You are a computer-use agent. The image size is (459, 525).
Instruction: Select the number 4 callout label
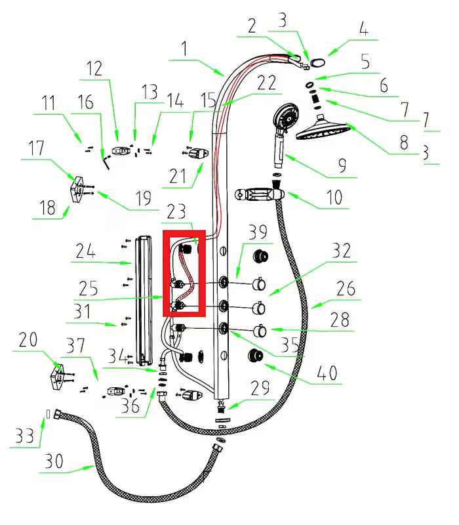(363, 30)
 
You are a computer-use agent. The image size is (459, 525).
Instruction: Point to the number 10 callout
(334, 198)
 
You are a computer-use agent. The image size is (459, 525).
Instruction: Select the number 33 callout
(24, 436)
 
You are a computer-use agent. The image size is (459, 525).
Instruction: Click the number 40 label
(326, 373)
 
